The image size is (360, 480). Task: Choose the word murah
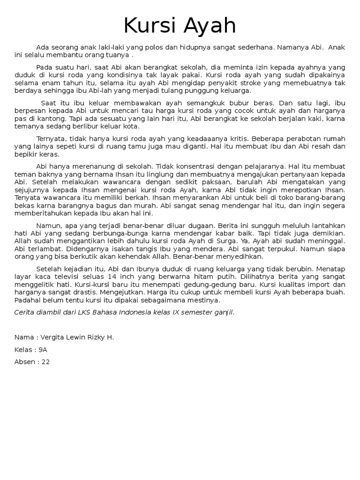coord(150,205)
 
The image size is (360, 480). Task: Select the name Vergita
coord(55,337)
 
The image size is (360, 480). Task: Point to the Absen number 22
coord(45,362)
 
